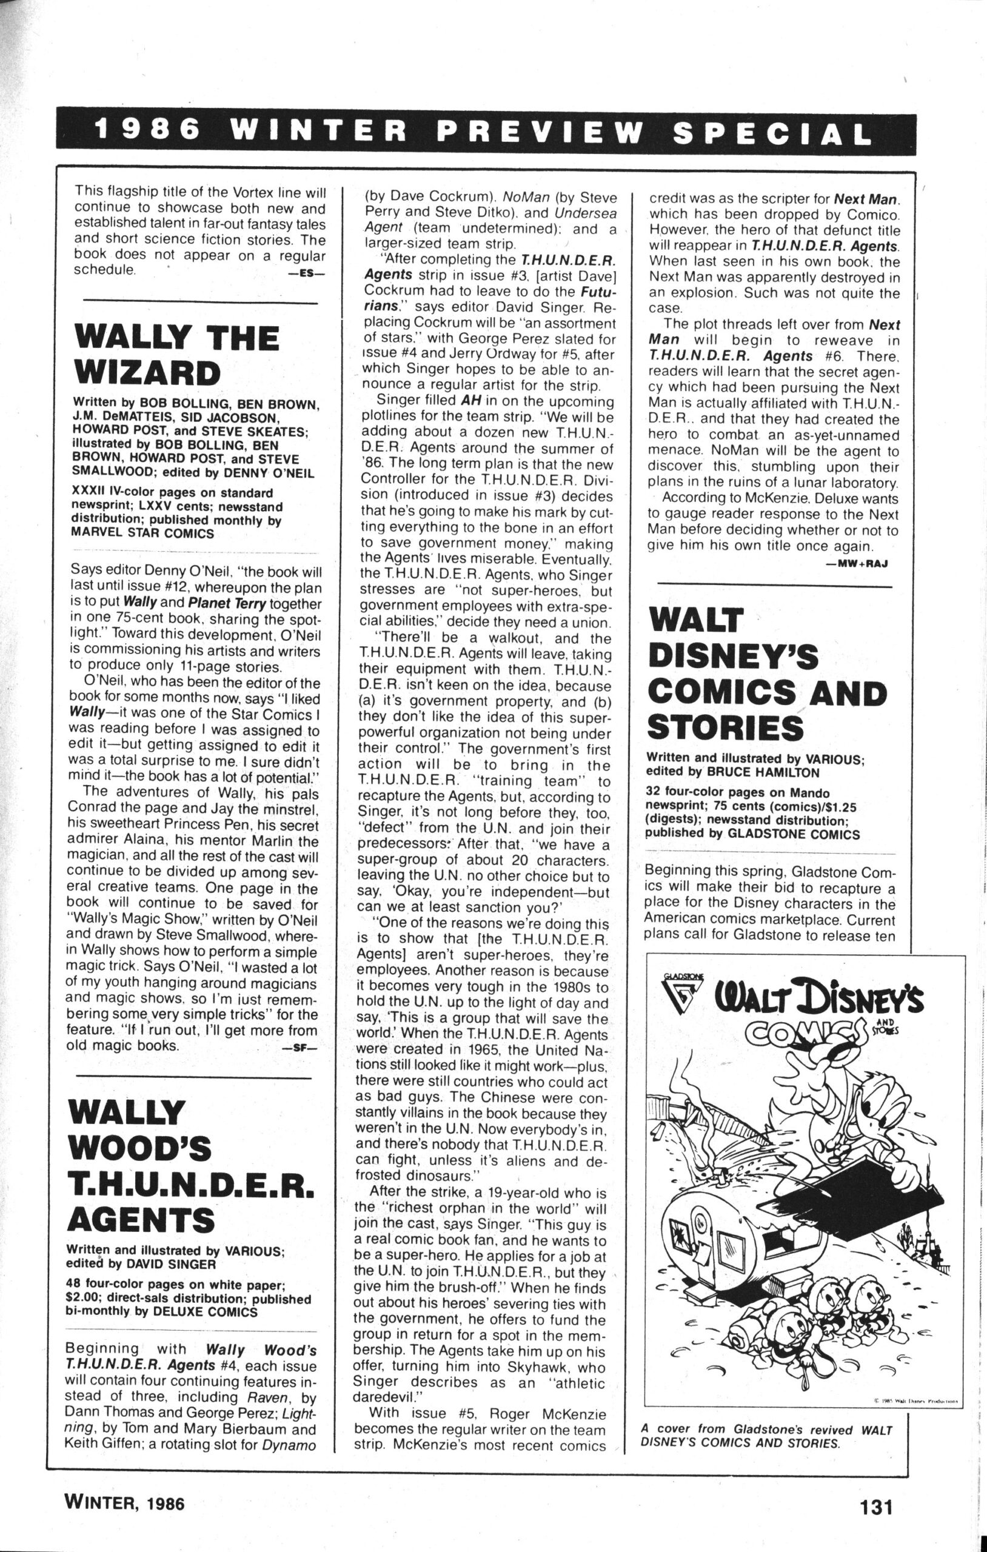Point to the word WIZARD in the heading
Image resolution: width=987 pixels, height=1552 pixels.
[x=147, y=373]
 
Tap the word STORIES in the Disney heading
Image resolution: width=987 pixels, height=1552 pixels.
[x=725, y=727]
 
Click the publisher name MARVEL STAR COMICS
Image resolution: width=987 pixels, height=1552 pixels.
[x=142, y=533]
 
